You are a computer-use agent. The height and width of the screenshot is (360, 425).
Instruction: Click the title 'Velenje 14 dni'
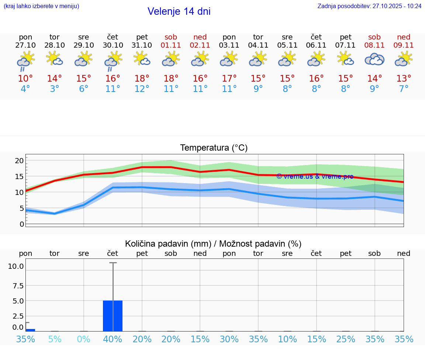(179, 11)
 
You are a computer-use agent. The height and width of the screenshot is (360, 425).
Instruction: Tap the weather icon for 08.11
(374, 59)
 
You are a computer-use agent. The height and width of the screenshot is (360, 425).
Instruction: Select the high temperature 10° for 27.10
(25, 79)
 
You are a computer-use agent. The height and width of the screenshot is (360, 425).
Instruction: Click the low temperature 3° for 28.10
(55, 89)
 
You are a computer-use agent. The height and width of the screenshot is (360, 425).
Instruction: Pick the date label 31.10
(142, 45)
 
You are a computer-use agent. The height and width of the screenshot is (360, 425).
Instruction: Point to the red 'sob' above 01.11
(171, 37)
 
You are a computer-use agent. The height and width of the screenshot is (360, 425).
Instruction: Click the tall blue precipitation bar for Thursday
(113, 316)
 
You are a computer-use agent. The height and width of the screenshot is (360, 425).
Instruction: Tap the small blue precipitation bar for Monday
(30, 330)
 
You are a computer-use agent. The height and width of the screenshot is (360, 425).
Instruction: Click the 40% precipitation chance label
(113, 339)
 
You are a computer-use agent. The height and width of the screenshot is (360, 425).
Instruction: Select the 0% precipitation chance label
(84, 339)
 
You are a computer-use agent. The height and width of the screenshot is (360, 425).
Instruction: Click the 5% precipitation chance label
(55, 339)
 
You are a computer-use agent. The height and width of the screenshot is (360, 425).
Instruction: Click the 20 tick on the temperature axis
(19, 160)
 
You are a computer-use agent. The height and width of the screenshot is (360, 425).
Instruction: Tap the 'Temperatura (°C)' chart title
(214, 148)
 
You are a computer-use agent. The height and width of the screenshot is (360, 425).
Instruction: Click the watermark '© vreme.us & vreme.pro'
(315, 176)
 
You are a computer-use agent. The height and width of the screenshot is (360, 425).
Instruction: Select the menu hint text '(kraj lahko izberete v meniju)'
(41, 6)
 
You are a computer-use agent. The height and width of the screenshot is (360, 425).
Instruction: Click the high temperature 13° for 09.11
(404, 79)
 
